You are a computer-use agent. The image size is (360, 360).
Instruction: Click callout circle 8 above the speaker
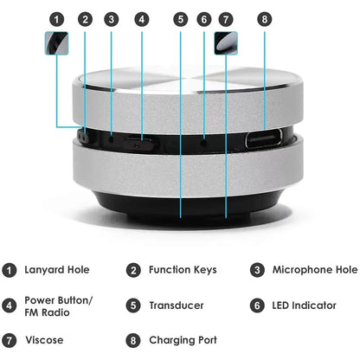coord(265,18)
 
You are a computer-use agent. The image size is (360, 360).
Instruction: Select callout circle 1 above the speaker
coord(56,18)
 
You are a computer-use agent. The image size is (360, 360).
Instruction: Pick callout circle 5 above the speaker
coord(179,18)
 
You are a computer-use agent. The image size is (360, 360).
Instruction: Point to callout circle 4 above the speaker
coord(141,18)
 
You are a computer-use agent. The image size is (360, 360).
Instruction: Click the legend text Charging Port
coord(183,340)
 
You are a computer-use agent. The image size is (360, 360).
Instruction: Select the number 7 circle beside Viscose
coord(10,340)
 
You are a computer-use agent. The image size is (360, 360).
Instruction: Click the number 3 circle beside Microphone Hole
coord(257,270)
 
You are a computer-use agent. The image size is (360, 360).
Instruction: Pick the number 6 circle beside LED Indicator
coord(257,305)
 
